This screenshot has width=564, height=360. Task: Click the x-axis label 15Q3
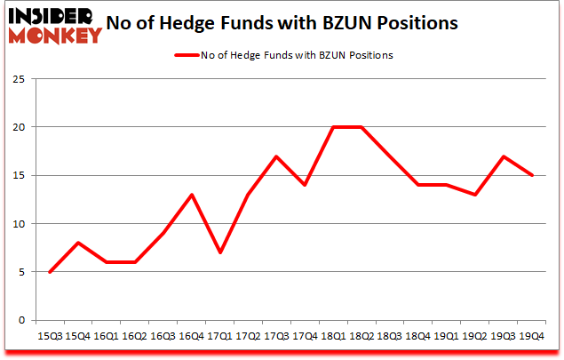click(50, 336)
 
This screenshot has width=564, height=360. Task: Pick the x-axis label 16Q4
click(192, 336)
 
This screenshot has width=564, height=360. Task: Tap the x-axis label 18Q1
click(334, 336)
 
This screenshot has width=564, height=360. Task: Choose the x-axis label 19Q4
click(533, 336)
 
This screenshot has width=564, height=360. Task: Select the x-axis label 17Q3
click(277, 336)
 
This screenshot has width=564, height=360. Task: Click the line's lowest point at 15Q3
click(50, 271)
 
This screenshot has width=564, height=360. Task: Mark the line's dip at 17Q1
click(220, 252)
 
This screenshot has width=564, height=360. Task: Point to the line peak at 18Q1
click(334, 127)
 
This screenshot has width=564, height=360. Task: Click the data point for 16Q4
click(192, 195)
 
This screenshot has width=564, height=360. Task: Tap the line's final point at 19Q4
click(533, 175)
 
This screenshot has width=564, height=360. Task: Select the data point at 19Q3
click(504, 156)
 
